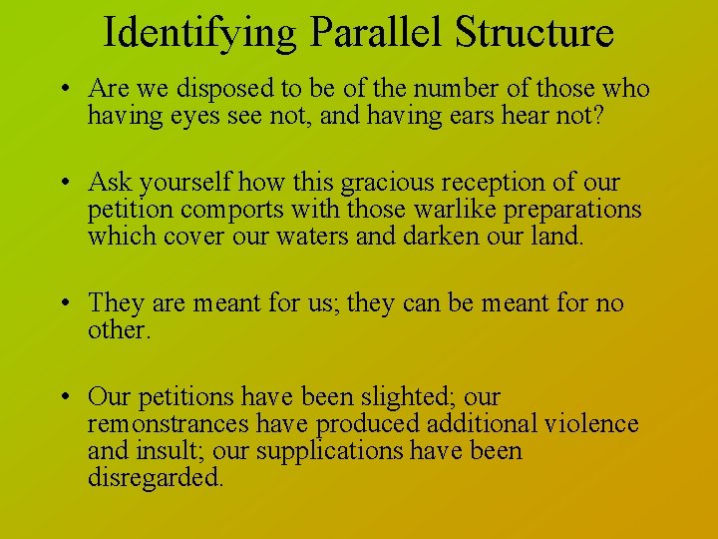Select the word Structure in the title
pos(534,32)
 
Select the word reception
pos(494,184)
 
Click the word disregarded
pos(156,478)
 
